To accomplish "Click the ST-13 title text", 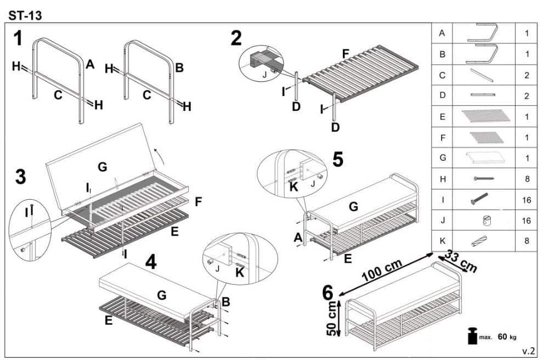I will (x=25, y=15).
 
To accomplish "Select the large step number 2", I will (x=236, y=38).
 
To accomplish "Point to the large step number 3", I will (x=20, y=177).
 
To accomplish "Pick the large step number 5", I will (x=338, y=159).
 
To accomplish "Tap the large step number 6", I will (x=327, y=293).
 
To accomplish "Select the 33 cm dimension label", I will (x=460, y=262).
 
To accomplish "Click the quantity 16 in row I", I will (x=527, y=200).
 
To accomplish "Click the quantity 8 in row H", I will (x=527, y=179).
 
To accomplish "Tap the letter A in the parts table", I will (x=442, y=33).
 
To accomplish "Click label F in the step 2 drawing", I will (x=346, y=54).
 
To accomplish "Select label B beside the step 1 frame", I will (x=179, y=68).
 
